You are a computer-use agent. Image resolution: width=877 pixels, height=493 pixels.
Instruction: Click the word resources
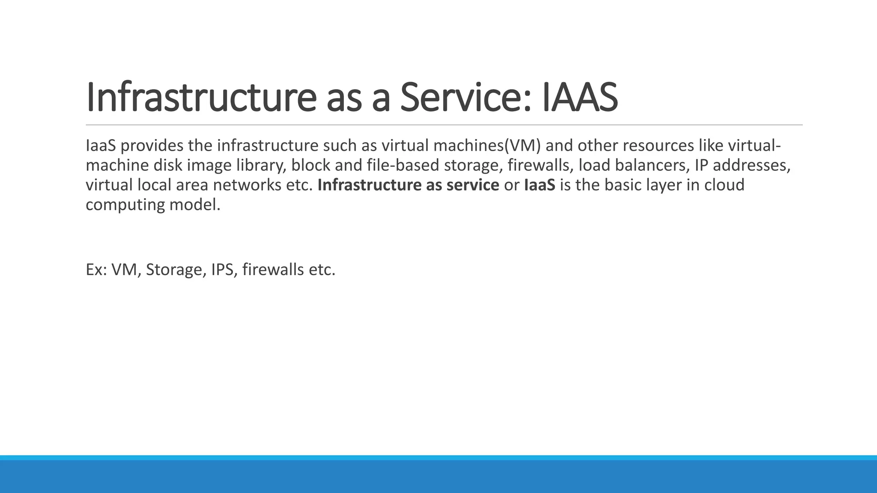(658, 146)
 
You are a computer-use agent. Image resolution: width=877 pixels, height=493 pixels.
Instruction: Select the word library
(261, 166)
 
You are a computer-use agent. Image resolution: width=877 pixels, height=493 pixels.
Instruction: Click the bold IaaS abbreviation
(539, 185)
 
